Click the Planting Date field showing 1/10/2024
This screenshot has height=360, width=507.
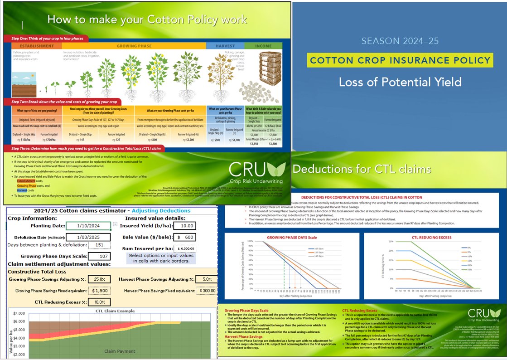click(88, 226)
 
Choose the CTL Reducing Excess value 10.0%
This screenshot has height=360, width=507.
click(99, 302)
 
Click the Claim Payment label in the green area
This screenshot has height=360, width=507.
click(120, 351)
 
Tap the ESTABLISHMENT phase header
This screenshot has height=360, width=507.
click(36, 46)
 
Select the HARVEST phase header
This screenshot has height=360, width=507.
click(225, 46)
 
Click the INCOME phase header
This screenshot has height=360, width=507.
click(263, 46)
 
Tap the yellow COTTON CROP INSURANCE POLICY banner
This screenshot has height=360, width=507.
click(399, 60)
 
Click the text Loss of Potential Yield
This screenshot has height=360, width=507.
click(400, 82)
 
